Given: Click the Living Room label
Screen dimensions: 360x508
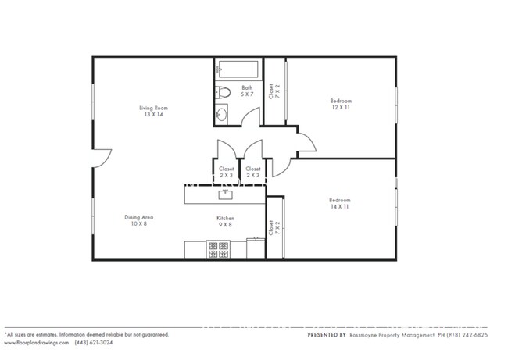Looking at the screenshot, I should click(154, 108).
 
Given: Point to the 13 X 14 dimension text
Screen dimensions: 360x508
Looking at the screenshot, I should click(154, 115).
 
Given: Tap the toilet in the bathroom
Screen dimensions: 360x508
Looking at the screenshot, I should click(223, 91).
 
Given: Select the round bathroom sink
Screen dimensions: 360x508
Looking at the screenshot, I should click(221, 116).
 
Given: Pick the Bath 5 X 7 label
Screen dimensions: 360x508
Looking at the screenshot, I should click(247, 91).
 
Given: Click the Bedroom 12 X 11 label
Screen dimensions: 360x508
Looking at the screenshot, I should click(341, 104).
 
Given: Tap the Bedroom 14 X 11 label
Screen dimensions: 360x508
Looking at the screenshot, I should click(340, 203).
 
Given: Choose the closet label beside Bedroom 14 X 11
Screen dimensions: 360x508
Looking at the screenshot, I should click(271, 228).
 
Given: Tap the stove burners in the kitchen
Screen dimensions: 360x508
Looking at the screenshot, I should click(218, 250).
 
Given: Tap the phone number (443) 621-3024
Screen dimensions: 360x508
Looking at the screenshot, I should click(92, 343).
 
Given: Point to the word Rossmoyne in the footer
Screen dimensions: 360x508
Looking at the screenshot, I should click(367, 335).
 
